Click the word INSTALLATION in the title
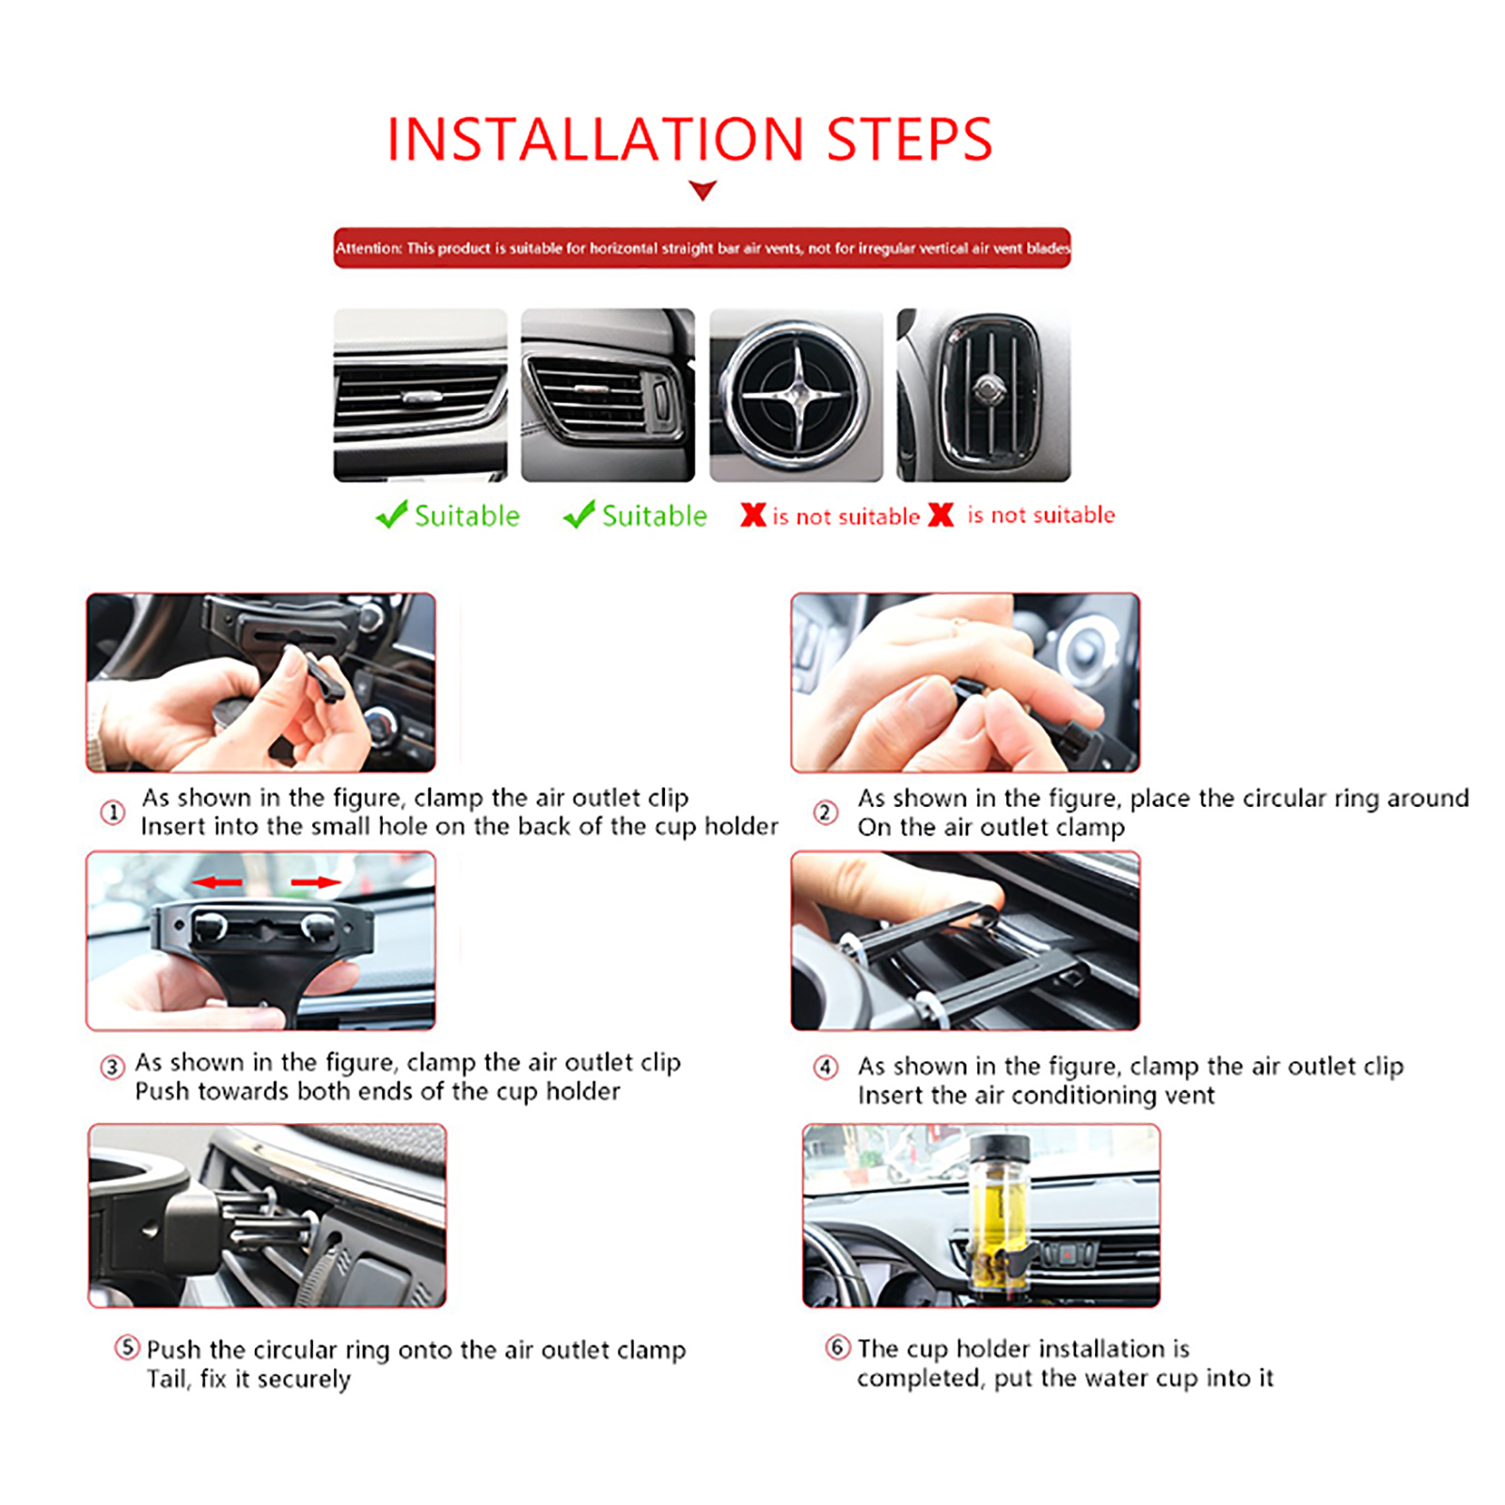pos(595,140)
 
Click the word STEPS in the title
pos(910,140)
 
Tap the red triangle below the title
pos(703,191)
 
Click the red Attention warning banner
pos(702,248)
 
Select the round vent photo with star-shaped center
pos(796,395)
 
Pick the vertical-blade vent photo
pos(984,395)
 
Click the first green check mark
pos(391,515)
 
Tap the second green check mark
pos(578,515)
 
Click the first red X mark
pos(752,515)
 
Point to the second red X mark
pos(941,515)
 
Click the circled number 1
pos(113,812)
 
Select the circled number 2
pos(825,812)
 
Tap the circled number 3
pos(113,1067)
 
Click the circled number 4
pos(825,1067)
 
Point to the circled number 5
pos(127,1347)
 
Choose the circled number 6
pos(837,1347)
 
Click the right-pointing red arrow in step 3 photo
pos(316,882)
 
